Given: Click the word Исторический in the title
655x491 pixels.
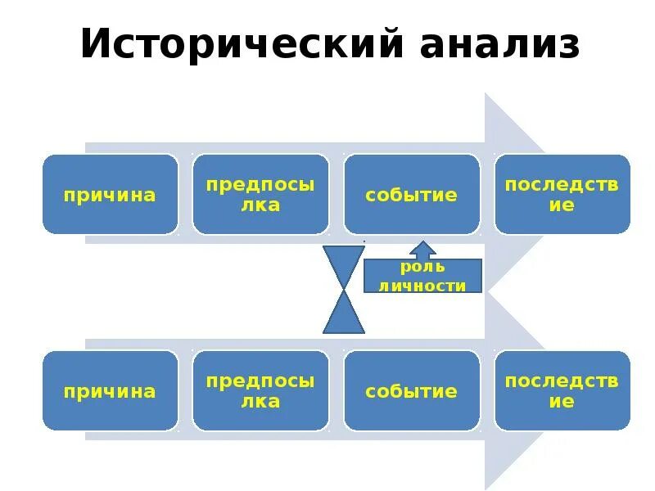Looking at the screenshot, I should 242,44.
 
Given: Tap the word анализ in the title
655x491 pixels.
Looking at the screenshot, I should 499,44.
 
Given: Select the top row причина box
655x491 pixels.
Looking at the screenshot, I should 110,194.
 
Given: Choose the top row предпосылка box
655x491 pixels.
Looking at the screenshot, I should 260,194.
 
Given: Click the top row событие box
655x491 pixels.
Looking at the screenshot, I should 411,194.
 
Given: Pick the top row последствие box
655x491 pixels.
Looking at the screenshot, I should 562,194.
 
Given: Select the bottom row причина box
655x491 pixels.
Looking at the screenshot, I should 110,390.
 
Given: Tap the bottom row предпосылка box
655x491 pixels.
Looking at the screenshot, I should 260,390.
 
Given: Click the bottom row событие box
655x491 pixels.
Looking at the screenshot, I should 411,390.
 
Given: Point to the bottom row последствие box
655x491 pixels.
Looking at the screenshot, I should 562,390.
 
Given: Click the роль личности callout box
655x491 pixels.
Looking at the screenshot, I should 423,276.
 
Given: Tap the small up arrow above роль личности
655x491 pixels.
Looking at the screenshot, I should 423,250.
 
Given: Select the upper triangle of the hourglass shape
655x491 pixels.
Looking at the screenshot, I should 344,264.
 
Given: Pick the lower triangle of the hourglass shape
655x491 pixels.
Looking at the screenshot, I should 344,317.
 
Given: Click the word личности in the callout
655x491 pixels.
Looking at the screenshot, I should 423,286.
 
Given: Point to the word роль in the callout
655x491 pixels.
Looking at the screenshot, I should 423,267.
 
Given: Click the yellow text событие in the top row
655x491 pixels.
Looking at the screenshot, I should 411,195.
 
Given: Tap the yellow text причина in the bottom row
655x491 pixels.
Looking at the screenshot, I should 110,391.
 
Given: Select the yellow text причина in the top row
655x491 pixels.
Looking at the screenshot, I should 110,195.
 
